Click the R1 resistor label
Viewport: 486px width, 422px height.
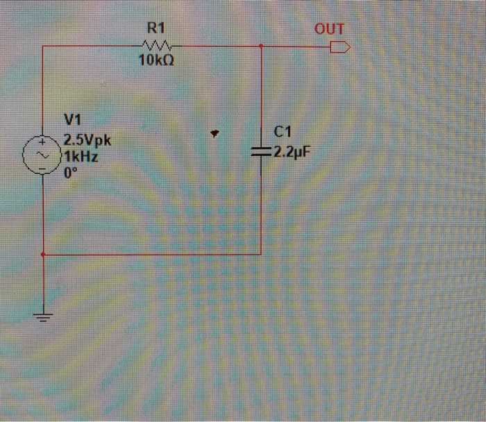click(x=155, y=28)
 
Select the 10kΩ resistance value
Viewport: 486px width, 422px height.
click(x=156, y=61)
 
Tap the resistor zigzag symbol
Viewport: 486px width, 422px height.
click(x=154, y=47)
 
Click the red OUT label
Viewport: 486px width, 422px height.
click(x=329, y=29)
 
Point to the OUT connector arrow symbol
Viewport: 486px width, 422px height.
click(x=340, y=47)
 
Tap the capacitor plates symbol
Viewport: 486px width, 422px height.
click(x=260, y=151)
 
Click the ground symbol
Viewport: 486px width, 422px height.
click(x=43, y=318)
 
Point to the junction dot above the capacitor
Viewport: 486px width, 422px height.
click(x=260, y=47)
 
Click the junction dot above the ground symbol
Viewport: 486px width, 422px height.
click(x=43, y=255)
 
